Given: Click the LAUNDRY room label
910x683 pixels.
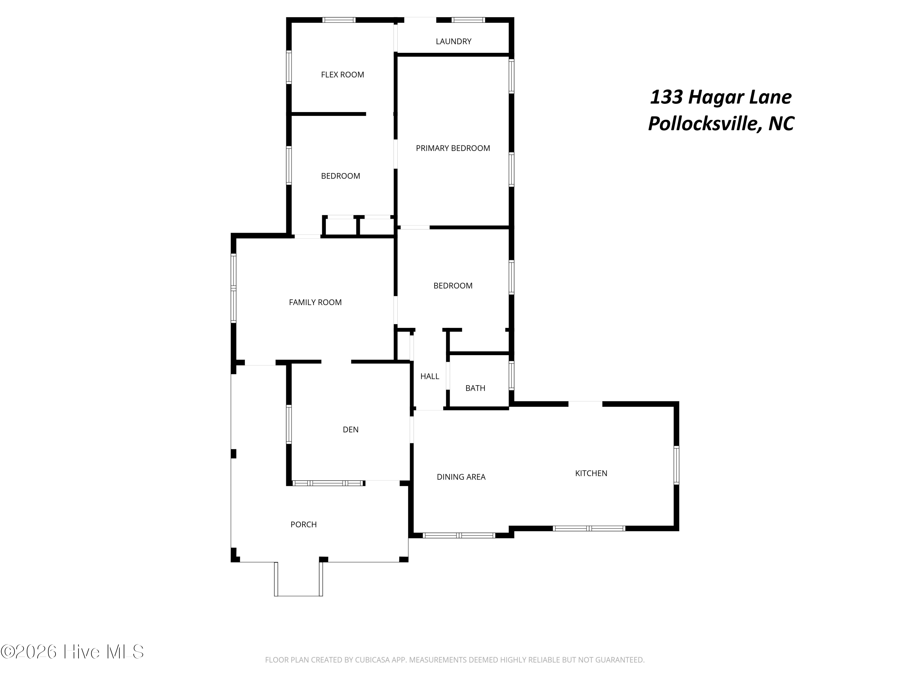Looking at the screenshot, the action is [x=453, y=42].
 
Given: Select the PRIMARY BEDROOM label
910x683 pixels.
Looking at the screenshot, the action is [x=453, y=148].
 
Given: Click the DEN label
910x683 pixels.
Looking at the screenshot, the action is [x=351, y=430].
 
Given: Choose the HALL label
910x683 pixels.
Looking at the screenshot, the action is [x=430, y=376].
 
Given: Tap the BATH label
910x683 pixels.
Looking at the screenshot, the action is [x=475, y=388].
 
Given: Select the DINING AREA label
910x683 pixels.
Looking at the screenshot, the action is [x=461, y=477].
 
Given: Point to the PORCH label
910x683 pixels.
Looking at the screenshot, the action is [x=303, y=525].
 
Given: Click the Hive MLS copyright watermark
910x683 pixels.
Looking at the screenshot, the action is [x=72, y=652].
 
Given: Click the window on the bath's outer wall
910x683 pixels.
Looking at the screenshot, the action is [x=511, y=375].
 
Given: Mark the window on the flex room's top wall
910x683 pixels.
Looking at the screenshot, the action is [x=339, y=20].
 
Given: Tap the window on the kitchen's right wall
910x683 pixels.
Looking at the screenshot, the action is [x=676, y=465].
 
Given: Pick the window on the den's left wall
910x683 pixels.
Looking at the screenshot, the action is [x=289, y=424].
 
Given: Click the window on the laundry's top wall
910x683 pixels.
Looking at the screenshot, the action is [x=468, y=20].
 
